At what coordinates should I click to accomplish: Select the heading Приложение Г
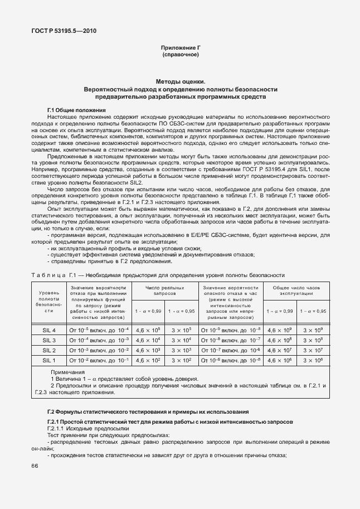180,49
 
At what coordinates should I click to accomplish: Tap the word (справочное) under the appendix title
180,56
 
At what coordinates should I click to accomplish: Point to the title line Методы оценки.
180,81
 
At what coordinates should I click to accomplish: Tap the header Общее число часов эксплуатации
296,289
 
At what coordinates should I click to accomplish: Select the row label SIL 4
49,330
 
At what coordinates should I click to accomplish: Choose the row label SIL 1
49,360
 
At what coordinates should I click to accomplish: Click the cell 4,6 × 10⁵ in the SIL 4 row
148,330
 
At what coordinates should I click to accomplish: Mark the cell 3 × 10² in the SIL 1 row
182,360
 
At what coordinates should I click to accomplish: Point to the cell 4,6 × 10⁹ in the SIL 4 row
280,330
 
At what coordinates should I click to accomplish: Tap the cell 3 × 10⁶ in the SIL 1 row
313,360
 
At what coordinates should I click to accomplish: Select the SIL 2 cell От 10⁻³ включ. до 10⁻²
99,350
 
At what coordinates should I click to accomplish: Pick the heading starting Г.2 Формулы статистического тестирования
144,411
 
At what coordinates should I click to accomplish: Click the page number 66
35,466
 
